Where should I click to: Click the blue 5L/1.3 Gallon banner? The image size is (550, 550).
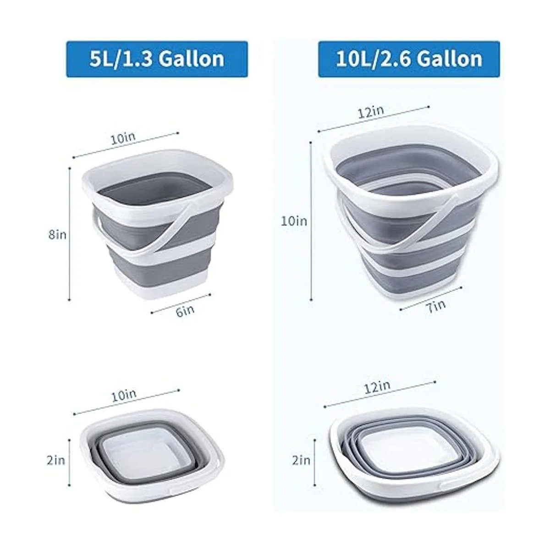157,59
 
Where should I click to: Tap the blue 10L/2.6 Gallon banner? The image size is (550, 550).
409,59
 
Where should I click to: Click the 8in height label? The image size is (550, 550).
57,235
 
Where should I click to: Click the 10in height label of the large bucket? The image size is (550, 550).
294,221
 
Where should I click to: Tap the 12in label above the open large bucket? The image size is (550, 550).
371,111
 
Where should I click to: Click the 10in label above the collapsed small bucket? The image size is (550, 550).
124,396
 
